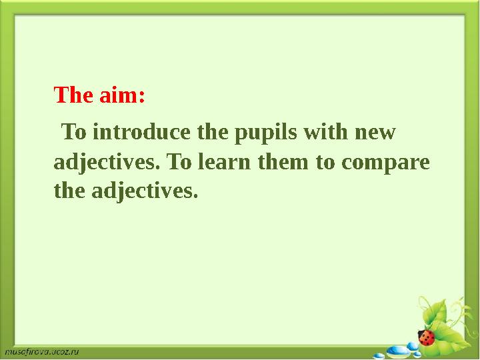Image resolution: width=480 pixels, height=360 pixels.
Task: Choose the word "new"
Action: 377,132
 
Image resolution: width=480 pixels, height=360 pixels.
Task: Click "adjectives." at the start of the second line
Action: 106,163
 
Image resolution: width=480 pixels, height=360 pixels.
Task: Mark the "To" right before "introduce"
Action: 74,132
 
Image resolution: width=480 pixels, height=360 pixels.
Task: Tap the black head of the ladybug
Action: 421,331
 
